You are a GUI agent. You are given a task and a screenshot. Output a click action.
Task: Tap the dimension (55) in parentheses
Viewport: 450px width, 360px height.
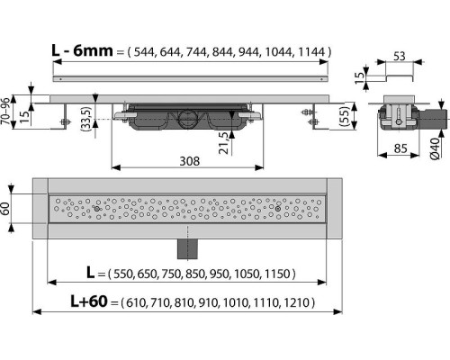click(343, 117)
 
